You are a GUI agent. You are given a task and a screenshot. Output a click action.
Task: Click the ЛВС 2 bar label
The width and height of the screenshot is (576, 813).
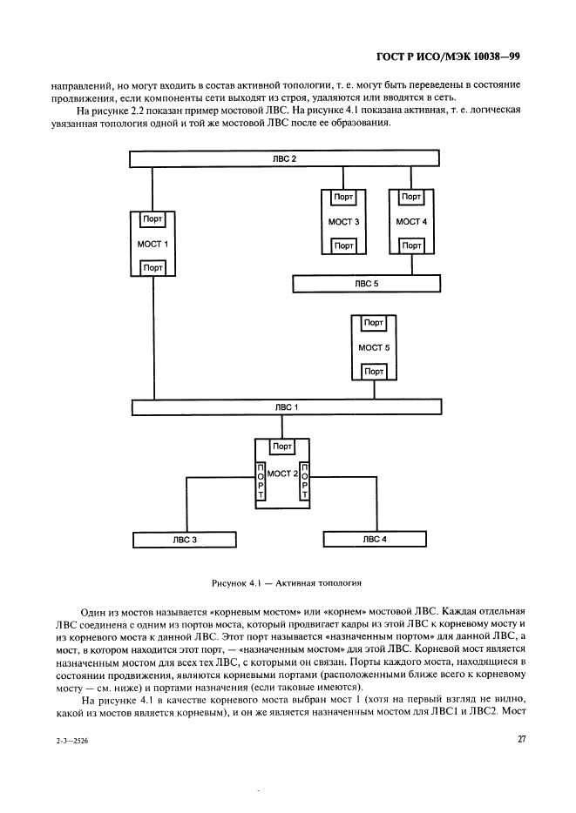(x=283, y=158)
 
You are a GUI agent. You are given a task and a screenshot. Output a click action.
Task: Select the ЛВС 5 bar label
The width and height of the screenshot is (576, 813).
(x=366, y=284)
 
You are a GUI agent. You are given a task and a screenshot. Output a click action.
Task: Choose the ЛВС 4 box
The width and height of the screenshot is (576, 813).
(x=375, y=540)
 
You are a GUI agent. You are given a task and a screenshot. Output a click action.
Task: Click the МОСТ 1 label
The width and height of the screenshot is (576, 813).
(x=153, y=244)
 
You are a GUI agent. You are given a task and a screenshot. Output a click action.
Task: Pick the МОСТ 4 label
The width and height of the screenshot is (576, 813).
(x=411, y=221)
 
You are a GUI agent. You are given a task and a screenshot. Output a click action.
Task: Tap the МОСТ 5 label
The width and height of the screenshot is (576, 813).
(x=374, y=346)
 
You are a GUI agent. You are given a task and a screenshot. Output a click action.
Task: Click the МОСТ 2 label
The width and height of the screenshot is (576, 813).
(x=282, y=473)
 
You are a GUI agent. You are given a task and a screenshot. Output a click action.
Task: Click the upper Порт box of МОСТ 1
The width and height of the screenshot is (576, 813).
(x=153, y=219)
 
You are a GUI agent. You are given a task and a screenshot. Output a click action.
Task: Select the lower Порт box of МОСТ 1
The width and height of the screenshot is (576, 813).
(x=153, y=268)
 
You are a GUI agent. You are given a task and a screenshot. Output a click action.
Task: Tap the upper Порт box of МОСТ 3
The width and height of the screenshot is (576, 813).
(x=344, y=198)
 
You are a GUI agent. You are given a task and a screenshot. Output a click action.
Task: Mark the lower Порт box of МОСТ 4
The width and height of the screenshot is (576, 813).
(x=411, y=246)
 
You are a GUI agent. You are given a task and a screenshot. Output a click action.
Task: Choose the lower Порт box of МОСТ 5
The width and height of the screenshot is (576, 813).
(x=374, y=372)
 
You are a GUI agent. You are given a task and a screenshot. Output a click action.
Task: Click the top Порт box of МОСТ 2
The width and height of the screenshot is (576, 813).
(x=282, y=447)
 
